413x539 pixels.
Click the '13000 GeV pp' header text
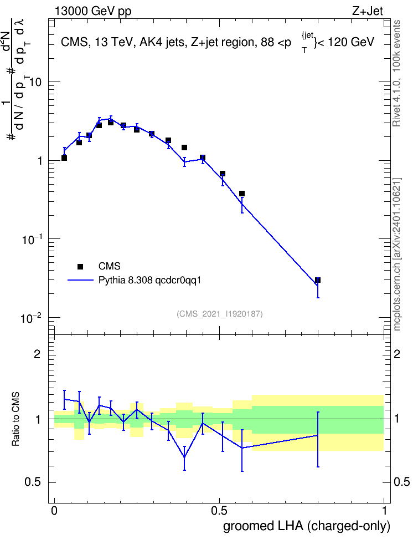point(93,11)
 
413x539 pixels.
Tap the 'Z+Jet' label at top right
point(368,11)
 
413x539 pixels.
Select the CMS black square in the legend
point(80,266)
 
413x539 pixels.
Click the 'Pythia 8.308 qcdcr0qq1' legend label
point(149,280)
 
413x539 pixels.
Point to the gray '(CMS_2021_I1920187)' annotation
point(220,314)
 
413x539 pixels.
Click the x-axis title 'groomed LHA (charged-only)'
point(307,526)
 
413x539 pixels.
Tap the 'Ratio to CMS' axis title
point(16,419)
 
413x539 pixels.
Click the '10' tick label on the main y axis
point(35,83)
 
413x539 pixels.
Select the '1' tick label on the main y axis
point(40,161)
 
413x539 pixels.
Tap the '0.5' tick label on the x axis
point(219,510)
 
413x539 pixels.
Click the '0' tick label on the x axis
point(54,510)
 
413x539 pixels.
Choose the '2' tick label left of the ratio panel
point(37,354)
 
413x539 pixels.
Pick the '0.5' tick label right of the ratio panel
point(402,482)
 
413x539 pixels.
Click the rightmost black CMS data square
point(318,280)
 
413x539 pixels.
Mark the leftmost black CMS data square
point(64,158)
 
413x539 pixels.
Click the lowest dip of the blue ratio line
point(185,457)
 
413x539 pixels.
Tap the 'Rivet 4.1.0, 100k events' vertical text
point(396,73)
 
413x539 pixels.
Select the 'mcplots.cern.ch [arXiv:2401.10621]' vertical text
point(397,254)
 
